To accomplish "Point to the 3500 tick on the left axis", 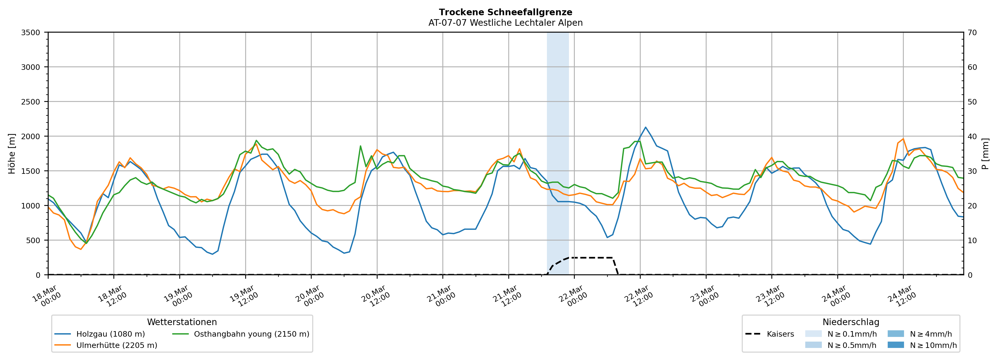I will tap(31, 33).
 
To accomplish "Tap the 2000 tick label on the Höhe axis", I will tap(31, 136).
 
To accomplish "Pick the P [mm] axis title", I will tap(985, 153).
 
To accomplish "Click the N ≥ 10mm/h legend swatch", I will tap(895, 345).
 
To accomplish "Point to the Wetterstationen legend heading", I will tap(182, 322).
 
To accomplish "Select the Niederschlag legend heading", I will tap(851, 322).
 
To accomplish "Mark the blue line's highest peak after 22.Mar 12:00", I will tap(645, 127).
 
